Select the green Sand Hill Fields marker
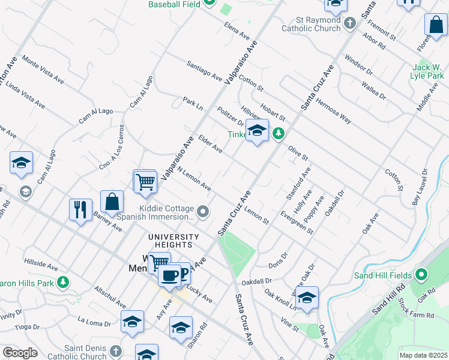[421, 275]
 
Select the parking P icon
[182, 274]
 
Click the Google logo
[20, 353]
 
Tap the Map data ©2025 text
[423, 355]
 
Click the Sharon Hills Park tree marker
[62, 282]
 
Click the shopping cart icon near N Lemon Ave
[145, 181]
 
